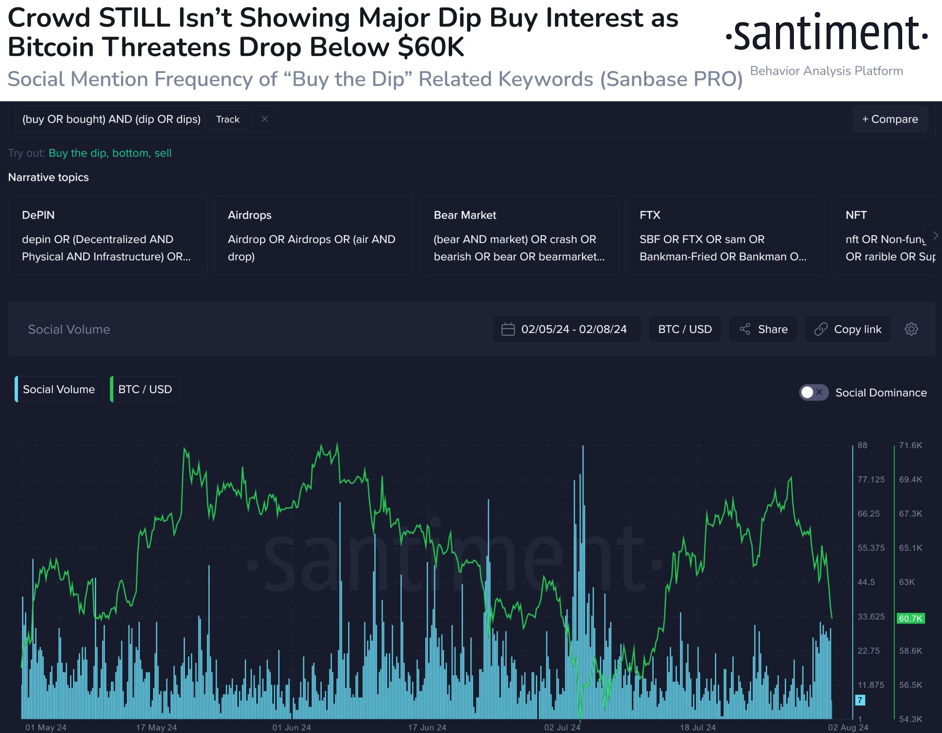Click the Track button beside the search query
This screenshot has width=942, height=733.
point(227,119)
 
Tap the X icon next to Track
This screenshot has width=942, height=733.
point(265,119)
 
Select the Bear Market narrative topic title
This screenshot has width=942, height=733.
point(465,215)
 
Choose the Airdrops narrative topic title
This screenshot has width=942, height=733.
point(249,215)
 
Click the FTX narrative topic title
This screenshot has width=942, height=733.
point(650,215)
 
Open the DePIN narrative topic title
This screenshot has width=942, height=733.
point(38,215)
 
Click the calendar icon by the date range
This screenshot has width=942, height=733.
point(508,330)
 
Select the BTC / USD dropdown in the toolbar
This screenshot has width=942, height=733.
point(684,330)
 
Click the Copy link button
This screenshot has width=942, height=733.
point(847,330)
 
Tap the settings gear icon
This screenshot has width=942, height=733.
point(911,330)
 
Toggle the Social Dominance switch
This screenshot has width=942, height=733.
point(813,392)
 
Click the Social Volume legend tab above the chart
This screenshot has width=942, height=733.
point(58,389)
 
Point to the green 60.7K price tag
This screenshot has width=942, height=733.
point(910,618)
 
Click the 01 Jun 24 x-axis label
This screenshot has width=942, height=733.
point(291,727)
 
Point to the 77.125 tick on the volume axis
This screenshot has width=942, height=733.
point(870,479)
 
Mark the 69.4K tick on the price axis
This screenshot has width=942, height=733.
point(910,479)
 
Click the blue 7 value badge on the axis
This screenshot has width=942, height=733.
point(859,700)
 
